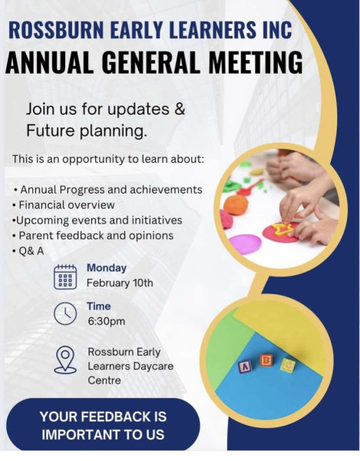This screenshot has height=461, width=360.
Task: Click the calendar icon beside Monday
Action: click(x=65, y=277)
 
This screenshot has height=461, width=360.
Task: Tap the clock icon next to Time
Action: click(x=65, y=313)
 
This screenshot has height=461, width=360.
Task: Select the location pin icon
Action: click(x=65, y=360)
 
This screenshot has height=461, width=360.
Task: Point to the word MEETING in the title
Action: click(x=256, y=62)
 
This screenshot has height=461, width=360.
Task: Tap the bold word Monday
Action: click(x=107, y=268)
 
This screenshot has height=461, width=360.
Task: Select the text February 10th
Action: click(x=120, y=283)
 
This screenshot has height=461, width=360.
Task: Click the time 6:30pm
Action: click(x=106, y=320)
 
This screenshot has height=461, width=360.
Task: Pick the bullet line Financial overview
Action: click(x=67, y=205)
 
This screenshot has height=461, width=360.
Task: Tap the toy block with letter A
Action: click(x=245, y=366)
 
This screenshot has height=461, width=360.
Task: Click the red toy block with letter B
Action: click(x=266, y=360)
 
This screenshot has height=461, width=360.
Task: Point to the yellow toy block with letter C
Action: click(x=288, y=365)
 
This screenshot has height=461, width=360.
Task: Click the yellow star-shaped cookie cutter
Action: click(x=282, y=229)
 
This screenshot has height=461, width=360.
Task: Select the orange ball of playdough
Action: click(x=236, y=204)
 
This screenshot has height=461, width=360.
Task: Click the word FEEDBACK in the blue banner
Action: click(x=111, y=416)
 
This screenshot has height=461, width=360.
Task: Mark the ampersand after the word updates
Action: click(x=180, y=109)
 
